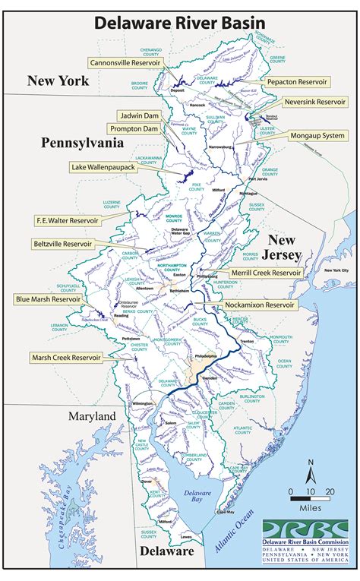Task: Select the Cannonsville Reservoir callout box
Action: click(128, 63)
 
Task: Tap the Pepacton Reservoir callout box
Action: click(296, 81)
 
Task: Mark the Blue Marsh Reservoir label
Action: click(49, 300)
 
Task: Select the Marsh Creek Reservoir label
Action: click(68, 356)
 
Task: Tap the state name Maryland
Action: click(91, 416)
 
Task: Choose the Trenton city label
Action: click(245, 343)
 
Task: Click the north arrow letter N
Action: click(311, 461)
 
